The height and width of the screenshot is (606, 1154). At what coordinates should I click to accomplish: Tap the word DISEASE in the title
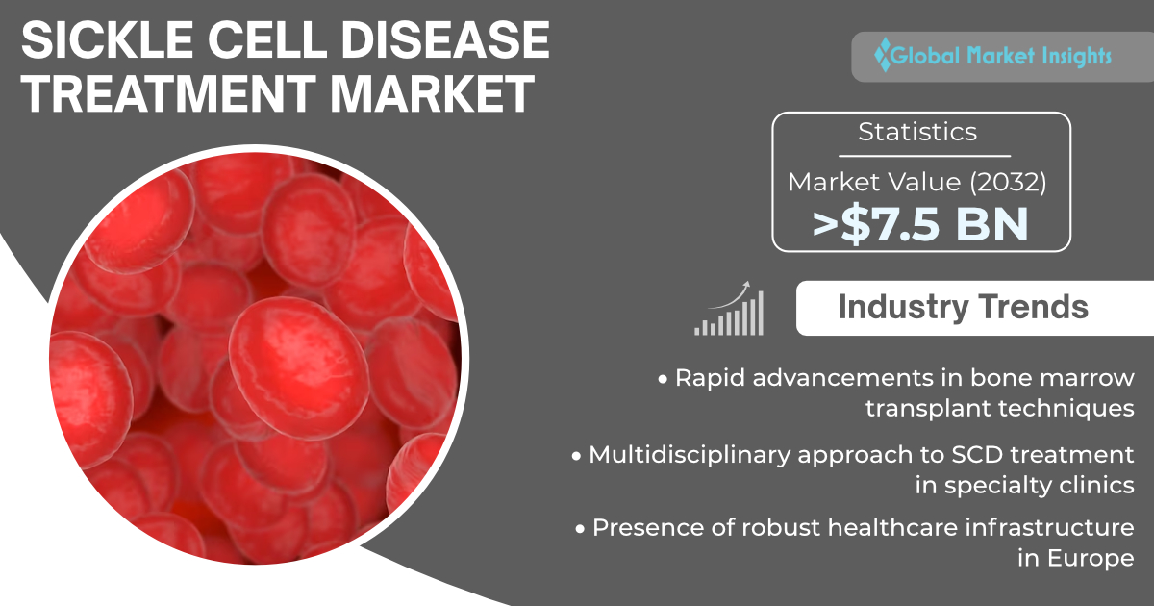pyautogui.click(x=445, y=40)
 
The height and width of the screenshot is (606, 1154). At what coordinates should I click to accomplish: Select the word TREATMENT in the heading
pyautogui.click(x=168, y=93)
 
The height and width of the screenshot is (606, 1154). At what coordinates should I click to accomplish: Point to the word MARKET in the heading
pyautogui.click(x=432, y=93)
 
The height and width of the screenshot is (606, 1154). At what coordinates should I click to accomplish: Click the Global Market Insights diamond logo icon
pyautogui.click(x=883, y=55)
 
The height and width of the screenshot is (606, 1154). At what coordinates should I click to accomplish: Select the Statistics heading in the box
pyautogui.click(x=917, y=132)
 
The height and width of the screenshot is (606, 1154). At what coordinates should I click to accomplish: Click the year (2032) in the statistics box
pyautogui.click(x=1008, y=182)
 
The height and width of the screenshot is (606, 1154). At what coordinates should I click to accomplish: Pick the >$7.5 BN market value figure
pyautogui.click(x=920, y=224)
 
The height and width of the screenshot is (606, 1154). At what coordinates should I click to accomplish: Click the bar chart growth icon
pyautogui.click(x=729, y=309)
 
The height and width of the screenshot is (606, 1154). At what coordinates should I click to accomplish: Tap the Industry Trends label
pyautogui.click(x=963, y=307)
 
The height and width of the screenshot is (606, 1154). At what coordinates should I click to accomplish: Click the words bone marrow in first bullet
pyautogui.click(x=1052, y=378)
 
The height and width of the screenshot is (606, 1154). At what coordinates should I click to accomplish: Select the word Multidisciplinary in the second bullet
pyautogui.click(x=689, y=456)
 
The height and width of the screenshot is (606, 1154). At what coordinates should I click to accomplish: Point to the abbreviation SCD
pyautogui.click(x=977, y=454)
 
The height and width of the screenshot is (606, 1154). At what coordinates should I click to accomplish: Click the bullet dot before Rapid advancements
pyautogui.click(x=663, y=380)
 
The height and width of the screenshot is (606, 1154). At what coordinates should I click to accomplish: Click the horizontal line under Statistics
pyautogui.click(x=924, y=156)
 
